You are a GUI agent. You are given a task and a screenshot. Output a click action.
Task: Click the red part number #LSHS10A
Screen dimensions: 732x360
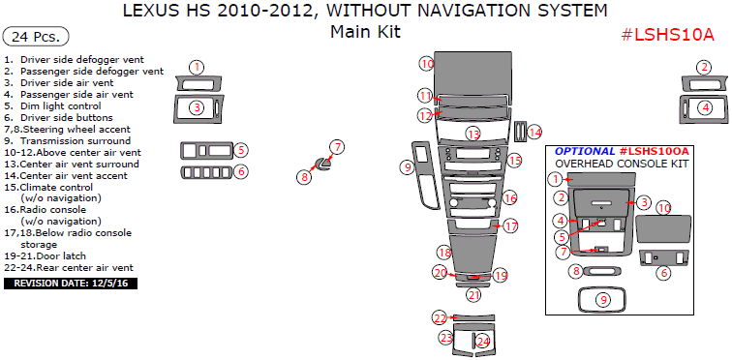point(667,34)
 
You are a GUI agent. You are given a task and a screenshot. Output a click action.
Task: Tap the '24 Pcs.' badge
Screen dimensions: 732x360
point(36,37)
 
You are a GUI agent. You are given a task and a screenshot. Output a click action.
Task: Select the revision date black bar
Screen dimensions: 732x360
point(71,283)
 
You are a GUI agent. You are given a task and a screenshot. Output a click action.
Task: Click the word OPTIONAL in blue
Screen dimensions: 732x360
point(585,152)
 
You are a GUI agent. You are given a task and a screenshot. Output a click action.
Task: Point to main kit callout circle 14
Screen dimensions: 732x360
point(535,133)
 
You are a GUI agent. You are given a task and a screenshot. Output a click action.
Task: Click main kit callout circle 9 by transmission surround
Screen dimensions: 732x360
point(407,167)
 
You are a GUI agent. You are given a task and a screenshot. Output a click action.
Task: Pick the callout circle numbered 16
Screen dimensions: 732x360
point(510,198)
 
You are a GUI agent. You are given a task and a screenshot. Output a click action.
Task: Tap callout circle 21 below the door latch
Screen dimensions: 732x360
point(474,295)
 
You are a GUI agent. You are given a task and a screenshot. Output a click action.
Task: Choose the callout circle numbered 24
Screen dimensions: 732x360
point(483,342)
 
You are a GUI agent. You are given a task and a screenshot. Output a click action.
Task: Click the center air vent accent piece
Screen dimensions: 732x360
point(520,132)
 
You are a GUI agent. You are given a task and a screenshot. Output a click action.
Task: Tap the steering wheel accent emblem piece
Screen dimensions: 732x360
point(322,164)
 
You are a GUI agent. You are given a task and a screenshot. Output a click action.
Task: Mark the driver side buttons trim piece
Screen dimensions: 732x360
point(207,172)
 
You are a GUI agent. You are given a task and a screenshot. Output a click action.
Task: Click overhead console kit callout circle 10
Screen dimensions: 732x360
point(664,207)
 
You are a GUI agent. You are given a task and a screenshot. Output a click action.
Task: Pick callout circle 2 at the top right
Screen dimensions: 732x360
point(704,67)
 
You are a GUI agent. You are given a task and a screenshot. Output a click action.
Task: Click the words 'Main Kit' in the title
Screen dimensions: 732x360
point(366,32)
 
